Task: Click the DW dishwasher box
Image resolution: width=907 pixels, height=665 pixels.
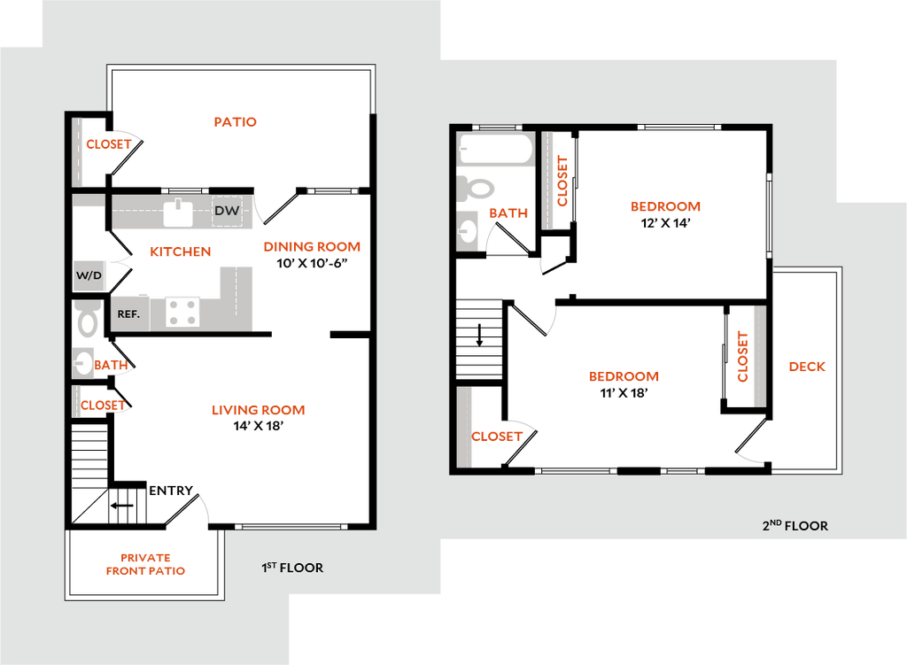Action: (x=227, y=211)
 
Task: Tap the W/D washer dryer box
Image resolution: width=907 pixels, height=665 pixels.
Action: (x=89, y=275)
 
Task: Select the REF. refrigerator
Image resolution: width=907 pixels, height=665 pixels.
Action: (x=129, y=313)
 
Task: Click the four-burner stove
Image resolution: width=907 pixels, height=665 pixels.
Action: (x=183, y=312)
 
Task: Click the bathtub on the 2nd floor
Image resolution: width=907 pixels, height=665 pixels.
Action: (x=495, y=149)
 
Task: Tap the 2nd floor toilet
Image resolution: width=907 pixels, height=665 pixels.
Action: (x=477, y=188)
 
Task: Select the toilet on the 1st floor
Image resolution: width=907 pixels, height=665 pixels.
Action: (x=87, y=320)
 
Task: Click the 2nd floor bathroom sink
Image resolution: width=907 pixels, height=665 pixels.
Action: (x=467, y=229)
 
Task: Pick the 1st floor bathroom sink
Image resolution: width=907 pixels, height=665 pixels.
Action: (x=82, y=362)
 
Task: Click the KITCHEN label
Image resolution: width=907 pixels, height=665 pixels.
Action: (x=181, y=252)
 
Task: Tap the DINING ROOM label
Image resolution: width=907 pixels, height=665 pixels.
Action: (x=313, y=247)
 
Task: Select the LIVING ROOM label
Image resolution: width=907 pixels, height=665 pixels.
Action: (x=259, y=410)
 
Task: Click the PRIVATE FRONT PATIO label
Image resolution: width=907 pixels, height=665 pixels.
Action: (x=146, y=565)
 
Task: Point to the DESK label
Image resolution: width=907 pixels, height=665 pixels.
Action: (x=808, y=366)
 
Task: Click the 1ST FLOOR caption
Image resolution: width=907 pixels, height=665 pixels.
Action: (x=292, y=568)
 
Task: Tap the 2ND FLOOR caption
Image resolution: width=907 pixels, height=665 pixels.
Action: (x=795, y=526)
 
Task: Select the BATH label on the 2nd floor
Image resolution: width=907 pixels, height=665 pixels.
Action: (x=508, y=213)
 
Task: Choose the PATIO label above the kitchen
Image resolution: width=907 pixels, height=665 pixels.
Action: (x=236, y=122)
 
